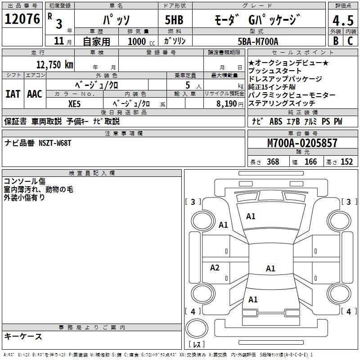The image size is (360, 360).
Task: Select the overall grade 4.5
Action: (x=342, y=21)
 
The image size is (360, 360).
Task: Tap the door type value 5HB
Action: (x=174, y=20)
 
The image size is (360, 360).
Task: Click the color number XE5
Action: (x=75, y=103)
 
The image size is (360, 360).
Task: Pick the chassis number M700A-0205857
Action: (x=302, y=143)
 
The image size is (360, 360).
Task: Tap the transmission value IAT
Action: (x=13, y=94)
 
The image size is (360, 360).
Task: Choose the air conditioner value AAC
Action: (x=35, y=94)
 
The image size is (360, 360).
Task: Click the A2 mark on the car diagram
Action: (x=215, y=268)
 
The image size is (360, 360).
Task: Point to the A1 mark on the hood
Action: (x=251, y=216)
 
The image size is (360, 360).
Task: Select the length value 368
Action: (x=273, y=162)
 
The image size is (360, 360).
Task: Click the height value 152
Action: (x=346, y=162)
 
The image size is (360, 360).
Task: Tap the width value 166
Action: (x=310, y=162)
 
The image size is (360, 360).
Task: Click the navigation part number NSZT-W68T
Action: (x=54, y=143)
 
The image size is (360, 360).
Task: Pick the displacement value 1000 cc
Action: (x=139, y=41)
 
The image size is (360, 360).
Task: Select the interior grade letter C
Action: (x=350, y=41)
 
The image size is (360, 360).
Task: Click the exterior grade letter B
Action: (x=335, y=41)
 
